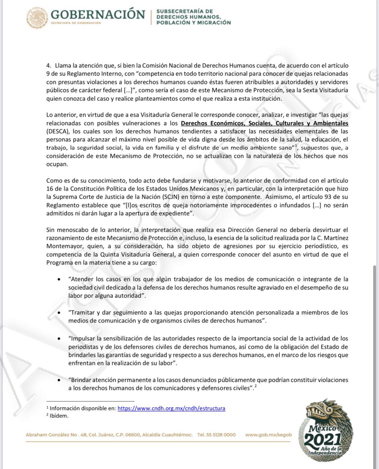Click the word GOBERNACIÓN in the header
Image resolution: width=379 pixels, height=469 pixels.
point(98,14)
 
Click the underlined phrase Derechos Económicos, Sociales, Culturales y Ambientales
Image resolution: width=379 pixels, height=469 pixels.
point(264,123)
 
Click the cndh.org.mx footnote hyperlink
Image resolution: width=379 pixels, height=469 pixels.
point(171,408)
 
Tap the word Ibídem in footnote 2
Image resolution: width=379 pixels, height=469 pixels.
point(59,416)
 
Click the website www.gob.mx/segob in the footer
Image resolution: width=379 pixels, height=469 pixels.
point(268,435)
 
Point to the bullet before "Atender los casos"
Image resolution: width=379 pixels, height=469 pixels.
point(59,279)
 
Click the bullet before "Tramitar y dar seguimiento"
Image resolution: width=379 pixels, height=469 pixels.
point(59,313)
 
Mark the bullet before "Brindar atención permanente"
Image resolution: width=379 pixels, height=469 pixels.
point(59,380)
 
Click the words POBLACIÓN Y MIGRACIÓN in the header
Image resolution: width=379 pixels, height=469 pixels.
point(193,23)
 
